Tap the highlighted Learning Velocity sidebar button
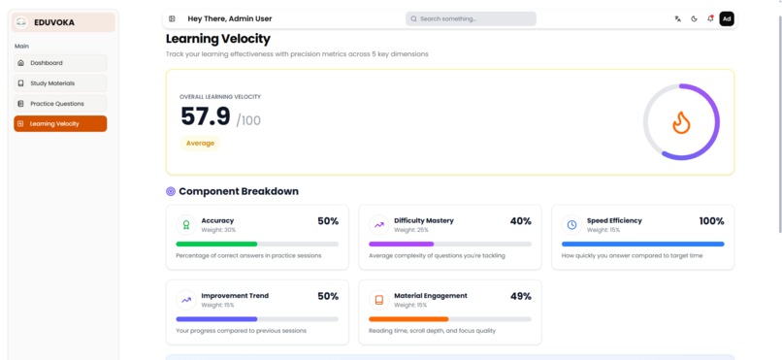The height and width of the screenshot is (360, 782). pyautogui.click(x=60, y=124)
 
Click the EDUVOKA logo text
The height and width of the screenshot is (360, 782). pyautogui.click(x=54, y=22)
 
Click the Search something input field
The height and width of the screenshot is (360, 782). pyautogui.click(x=471, y=18)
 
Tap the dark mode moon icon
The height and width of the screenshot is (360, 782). pyautogui.click(x=695, y=18)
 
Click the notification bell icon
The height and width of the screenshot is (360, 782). pyautogui.click(x=710, y=18)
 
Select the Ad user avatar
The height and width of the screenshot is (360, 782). pyautogui.click(x=727, y=18)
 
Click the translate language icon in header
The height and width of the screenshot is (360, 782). pyautogui.click(x=678, y=18)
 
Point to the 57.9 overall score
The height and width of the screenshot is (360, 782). pyautogui.click(x=206, y=117)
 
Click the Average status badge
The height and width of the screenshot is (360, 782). pyautogui.click(x=200, y=143)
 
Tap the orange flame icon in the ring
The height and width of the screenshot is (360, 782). pyautogui.click(x=681, y=122)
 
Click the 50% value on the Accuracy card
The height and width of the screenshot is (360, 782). pyautogui.click(x=328, y=221)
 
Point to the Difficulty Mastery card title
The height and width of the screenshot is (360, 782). pyautogui.click(x=423, y=220)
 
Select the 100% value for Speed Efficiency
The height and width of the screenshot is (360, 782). pyautogui.click(x=711, y=221)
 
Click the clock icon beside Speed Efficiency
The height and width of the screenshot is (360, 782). pyautogui.click(x=571, y=224)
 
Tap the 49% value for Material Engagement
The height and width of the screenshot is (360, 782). pyautogui.click(x=520, y=296)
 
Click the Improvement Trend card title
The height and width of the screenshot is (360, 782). pyautogui.click(x=235, y=295)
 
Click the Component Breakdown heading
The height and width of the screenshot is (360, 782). pyautogui.click(x=238, y=191)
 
